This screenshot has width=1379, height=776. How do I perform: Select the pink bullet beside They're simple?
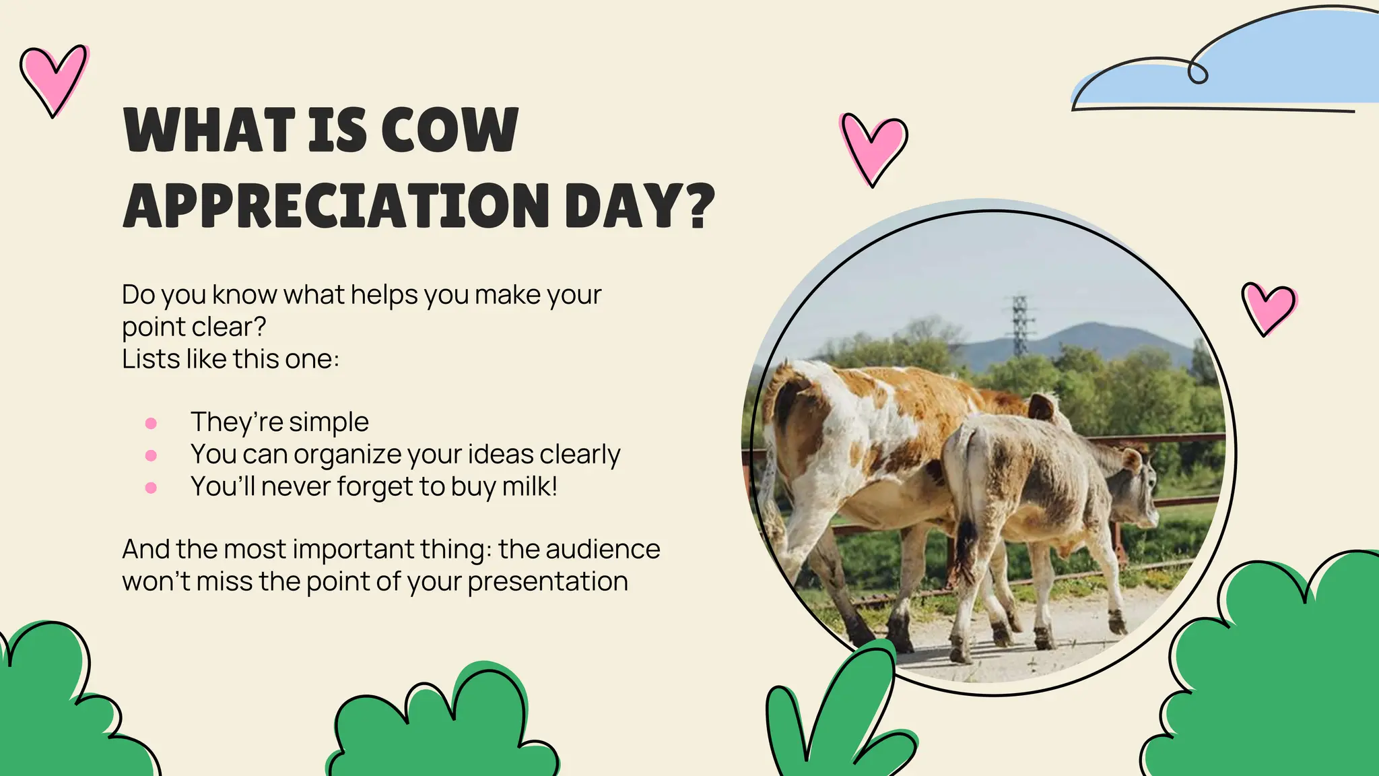(x=151, y=423)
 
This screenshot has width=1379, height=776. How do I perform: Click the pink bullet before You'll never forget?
(x=151, y=488)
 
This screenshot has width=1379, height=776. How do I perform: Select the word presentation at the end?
(x=547, y=581)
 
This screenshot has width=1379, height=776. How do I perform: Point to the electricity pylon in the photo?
(x=1021, y=325)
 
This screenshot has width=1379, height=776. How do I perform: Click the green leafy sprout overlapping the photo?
(x=842, y=714)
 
